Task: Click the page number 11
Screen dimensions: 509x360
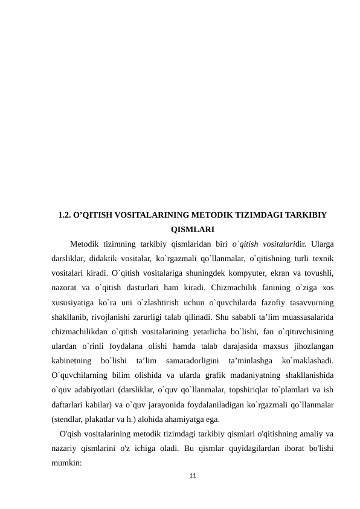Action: click(x=193, y=478)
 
